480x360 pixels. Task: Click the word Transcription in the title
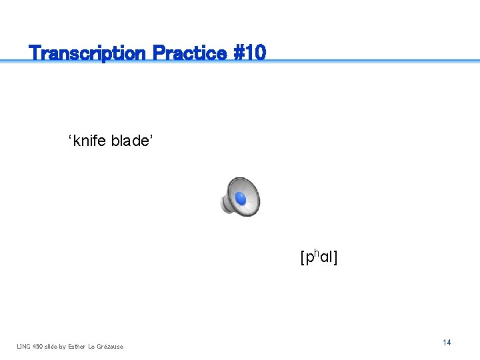(x=88, y=53)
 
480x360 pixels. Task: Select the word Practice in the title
(x=189, y=53)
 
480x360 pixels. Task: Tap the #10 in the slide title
(x=249, y=53)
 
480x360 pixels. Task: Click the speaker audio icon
(x=240, y=197)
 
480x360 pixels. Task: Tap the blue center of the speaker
(x=241, y=199)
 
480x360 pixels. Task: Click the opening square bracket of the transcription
(x=303, y=257)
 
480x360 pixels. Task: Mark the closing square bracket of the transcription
(x=335, y=257)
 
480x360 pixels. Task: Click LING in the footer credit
(x=24, y=346)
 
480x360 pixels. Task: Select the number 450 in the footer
(x=39, y=346)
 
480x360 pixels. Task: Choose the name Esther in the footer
(x=78, y=346)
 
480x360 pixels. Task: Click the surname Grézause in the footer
(x=111, y=346)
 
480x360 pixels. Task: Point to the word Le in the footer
(x=93, y=346)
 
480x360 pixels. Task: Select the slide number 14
(x=447, y=342)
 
